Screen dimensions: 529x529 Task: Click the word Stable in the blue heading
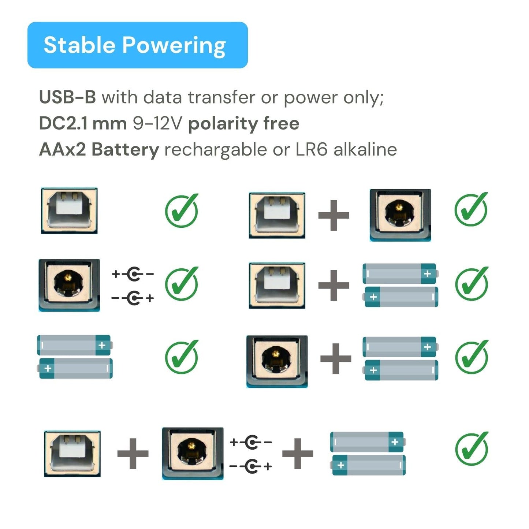[x=79, y=45]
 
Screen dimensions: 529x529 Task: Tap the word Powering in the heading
[x=174, y=46]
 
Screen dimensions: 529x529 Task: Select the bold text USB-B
[x=67, y=97]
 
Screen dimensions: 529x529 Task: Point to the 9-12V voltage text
[x=157, y=123]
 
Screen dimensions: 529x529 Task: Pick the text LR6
[x=311, y=150]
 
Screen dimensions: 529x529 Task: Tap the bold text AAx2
[x=62, y=150]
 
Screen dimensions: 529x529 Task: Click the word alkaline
[x=365, y=149]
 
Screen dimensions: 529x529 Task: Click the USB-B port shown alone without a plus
[x=69, y=211]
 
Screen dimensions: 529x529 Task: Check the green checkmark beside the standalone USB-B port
[x=182, y=210]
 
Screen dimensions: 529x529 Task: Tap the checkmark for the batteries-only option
[x=182, y=357]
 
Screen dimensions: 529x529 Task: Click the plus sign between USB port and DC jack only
[x=334, y=215]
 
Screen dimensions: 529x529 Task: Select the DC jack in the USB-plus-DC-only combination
[x=400, y=215]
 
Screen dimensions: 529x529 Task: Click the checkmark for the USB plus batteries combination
[x=472, y=283]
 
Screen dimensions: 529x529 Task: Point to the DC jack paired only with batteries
[x=277, y=361]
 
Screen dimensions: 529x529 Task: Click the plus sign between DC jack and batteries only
[x=336, y=358]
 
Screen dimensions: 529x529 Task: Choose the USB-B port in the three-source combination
[x=72, y=454]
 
